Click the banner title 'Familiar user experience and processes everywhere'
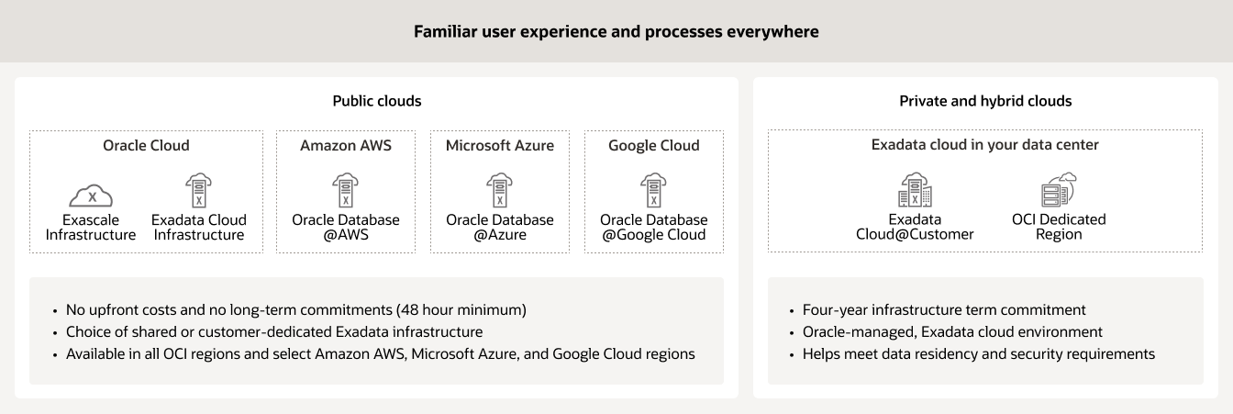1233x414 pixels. pos(616,31)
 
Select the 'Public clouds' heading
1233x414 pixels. pos(376,101)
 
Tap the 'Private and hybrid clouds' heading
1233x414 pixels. pos(985,101)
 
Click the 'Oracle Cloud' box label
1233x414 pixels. pos(146,145)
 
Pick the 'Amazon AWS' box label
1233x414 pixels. pos(346,145)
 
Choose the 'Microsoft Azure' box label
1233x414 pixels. pos(500,145)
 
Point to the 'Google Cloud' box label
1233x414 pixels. pos(654,145)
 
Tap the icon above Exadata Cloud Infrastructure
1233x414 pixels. pos(199,190)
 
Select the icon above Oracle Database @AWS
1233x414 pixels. pos(346,190)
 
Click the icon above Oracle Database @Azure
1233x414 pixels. pos(500,190)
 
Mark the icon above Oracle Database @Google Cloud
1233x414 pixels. pos(654,190)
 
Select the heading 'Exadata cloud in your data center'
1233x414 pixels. pos(985,145)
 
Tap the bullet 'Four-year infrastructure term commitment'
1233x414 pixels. pos(945,309)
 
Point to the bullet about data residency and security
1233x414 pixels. pos(979,353)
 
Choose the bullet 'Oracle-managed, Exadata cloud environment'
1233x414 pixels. pos(953,331)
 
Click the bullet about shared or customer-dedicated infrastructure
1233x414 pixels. pos(274,331)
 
